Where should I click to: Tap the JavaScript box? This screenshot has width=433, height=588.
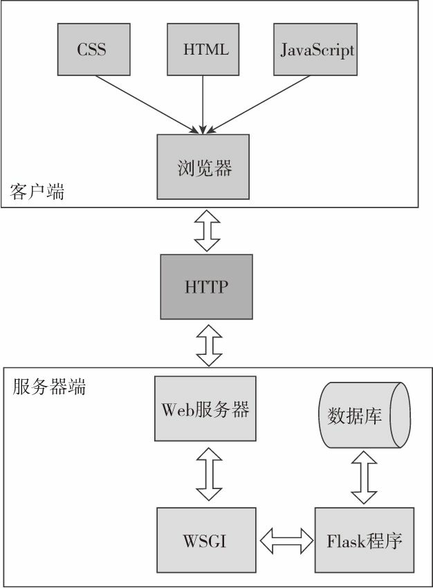[317, 50]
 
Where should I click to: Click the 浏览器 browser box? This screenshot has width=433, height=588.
[203, 167]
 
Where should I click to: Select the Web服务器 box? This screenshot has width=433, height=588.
[205, 409]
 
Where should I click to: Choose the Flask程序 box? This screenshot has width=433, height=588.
[365, 540]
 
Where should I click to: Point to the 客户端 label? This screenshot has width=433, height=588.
[37, 192]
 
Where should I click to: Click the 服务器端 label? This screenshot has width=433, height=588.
[49, 387]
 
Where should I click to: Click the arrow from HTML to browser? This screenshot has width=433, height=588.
[203, 104]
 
